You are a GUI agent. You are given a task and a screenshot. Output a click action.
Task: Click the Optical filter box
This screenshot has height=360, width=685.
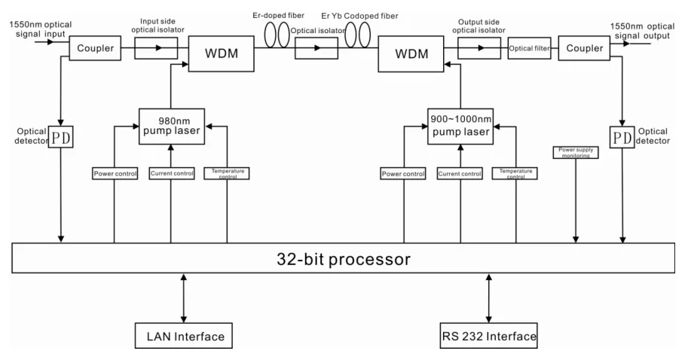[x=531, y=49]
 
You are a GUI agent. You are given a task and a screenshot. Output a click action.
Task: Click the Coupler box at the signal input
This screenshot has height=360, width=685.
[x=94, y=50]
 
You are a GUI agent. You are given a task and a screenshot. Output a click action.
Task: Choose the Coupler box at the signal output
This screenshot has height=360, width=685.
[x=585, y=49]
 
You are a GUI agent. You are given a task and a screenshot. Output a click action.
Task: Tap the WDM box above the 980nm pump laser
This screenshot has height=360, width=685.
[x=217, y=55]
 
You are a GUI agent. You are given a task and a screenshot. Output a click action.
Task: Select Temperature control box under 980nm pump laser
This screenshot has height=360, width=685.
[x=227, y=173]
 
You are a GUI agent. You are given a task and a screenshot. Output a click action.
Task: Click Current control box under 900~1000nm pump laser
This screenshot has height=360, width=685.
[x=460, y=174]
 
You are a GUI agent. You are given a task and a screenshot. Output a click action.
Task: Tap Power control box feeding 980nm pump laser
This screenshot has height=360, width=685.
[x=115, y=174]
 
